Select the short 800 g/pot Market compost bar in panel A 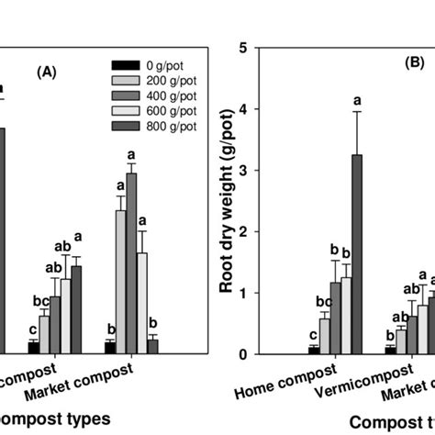point(153,346)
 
